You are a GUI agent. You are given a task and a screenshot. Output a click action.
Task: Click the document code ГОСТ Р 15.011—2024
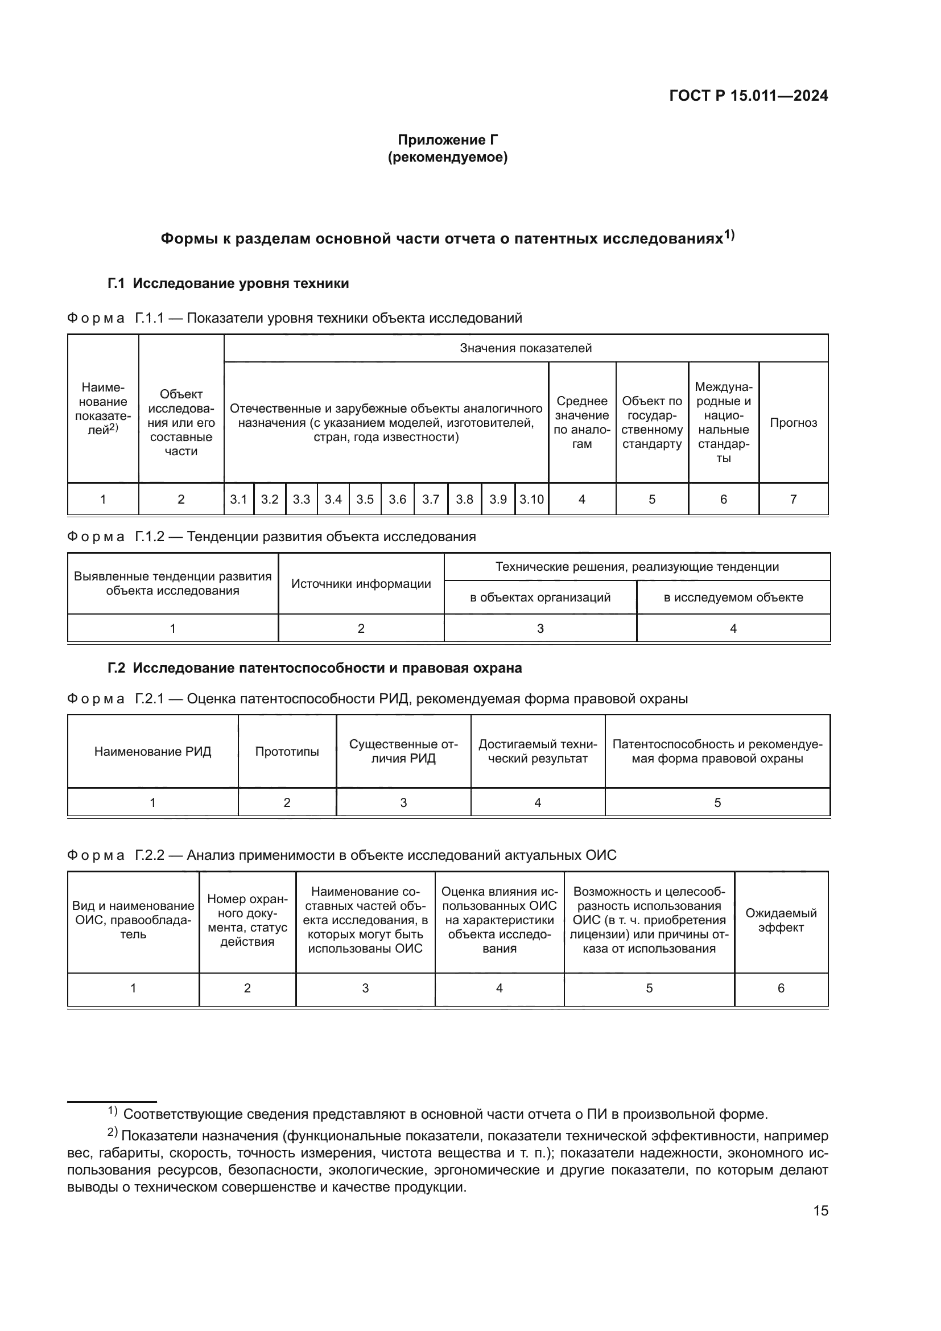748,96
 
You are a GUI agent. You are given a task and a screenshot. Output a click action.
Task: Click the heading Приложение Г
447,140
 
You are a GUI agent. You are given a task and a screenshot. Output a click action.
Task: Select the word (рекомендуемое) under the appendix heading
447,157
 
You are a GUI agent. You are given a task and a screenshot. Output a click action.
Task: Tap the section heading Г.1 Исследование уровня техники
228,283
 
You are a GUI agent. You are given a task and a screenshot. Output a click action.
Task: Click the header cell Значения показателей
525,348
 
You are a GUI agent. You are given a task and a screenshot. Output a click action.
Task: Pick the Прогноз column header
793,423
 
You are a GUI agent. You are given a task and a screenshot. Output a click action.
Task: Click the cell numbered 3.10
531,499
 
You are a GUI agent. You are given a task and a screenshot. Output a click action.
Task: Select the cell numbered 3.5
365,499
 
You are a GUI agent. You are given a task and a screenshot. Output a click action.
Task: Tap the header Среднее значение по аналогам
582,423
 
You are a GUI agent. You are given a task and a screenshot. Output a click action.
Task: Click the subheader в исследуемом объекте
733,597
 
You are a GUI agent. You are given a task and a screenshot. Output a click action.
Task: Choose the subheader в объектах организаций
540,597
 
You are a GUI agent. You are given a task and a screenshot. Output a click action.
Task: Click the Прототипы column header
287,752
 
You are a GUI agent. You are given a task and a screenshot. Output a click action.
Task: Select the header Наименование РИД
152,752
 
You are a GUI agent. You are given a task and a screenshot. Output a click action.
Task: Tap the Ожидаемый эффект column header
781,920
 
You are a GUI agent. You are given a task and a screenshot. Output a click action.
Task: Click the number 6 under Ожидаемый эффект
781,988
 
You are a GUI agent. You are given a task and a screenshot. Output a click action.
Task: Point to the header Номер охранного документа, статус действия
247,920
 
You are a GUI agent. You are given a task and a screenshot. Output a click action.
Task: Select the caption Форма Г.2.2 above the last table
341,855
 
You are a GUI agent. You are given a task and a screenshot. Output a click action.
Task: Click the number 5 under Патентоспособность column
717,803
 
